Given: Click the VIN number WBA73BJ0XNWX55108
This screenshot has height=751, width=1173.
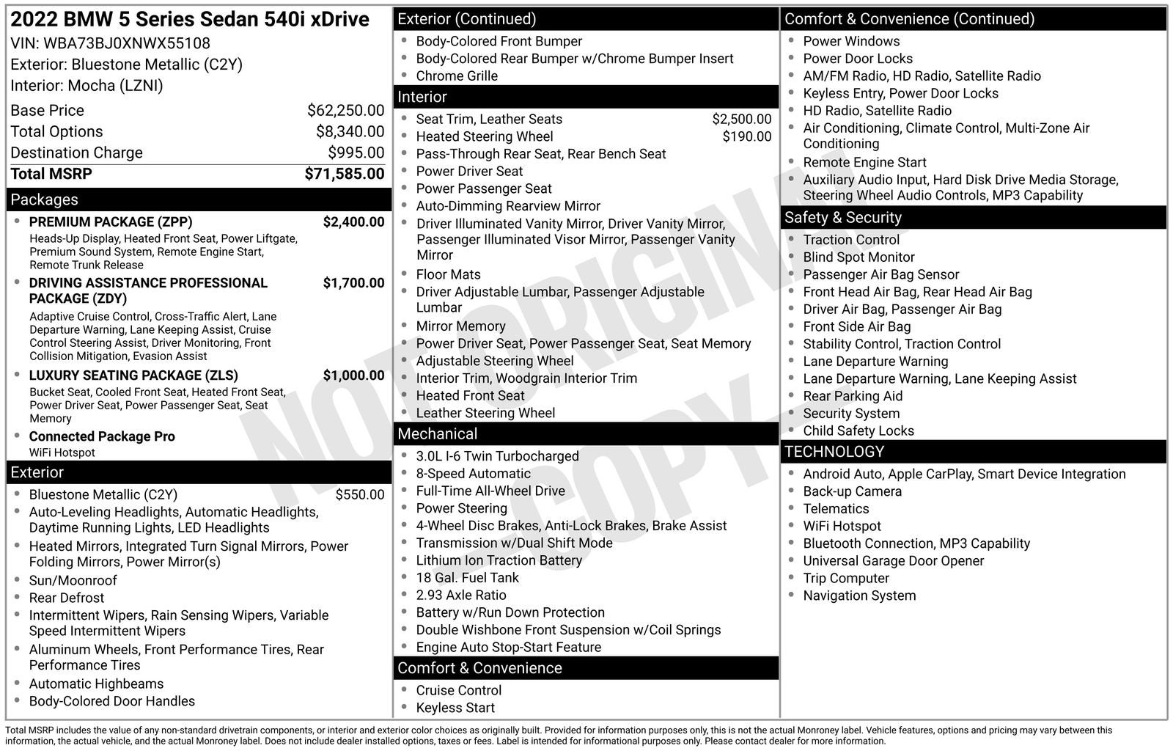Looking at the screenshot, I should (126, 43).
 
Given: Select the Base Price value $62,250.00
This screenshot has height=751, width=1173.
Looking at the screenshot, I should (345, 111).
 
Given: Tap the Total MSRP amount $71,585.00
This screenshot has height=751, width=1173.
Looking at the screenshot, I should (344, 174).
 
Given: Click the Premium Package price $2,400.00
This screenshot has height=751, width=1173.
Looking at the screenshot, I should (353, 222).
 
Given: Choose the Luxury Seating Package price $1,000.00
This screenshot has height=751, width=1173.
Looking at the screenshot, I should (353, 375).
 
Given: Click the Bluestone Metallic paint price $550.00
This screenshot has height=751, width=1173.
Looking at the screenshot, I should (359, 495).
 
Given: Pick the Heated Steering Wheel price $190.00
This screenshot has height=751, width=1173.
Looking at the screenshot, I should (746, 136).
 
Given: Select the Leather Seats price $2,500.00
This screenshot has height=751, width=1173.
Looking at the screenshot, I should (741, 119).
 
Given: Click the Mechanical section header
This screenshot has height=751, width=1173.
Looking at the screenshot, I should (438, 434).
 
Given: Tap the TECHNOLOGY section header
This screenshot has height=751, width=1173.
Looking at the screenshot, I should (834, 452).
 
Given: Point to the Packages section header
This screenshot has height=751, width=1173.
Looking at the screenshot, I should (44, 199).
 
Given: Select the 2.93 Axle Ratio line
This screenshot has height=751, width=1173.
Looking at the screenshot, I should (460, 596).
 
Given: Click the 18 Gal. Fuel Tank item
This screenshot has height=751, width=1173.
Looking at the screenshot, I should (467, 578).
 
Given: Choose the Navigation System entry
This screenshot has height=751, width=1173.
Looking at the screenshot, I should (858, 596).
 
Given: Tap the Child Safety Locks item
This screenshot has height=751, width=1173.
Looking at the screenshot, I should (858, 431).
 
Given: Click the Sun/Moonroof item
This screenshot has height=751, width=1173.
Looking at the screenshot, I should (73, 581).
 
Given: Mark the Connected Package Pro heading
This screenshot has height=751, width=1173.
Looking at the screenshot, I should (102, 436).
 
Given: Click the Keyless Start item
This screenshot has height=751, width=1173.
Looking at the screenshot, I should (455, 708).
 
